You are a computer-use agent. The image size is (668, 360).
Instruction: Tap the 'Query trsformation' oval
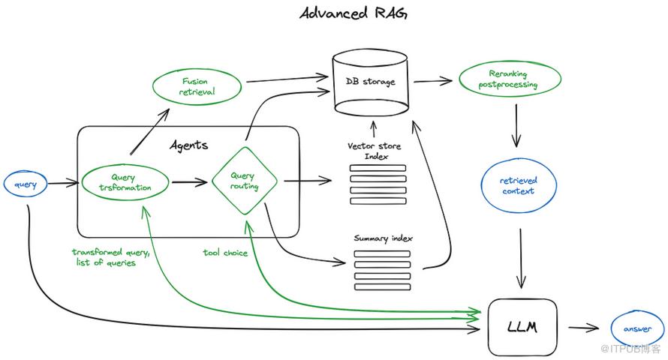125,182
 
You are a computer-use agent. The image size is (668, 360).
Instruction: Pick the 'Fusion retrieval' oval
197,86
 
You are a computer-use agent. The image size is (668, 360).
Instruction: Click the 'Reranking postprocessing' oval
508,79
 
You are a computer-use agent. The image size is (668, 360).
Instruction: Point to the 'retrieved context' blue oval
519,185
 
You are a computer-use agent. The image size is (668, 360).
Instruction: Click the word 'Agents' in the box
188,145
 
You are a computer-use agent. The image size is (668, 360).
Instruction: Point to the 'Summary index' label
383,238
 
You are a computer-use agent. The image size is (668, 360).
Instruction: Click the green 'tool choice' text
225,253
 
